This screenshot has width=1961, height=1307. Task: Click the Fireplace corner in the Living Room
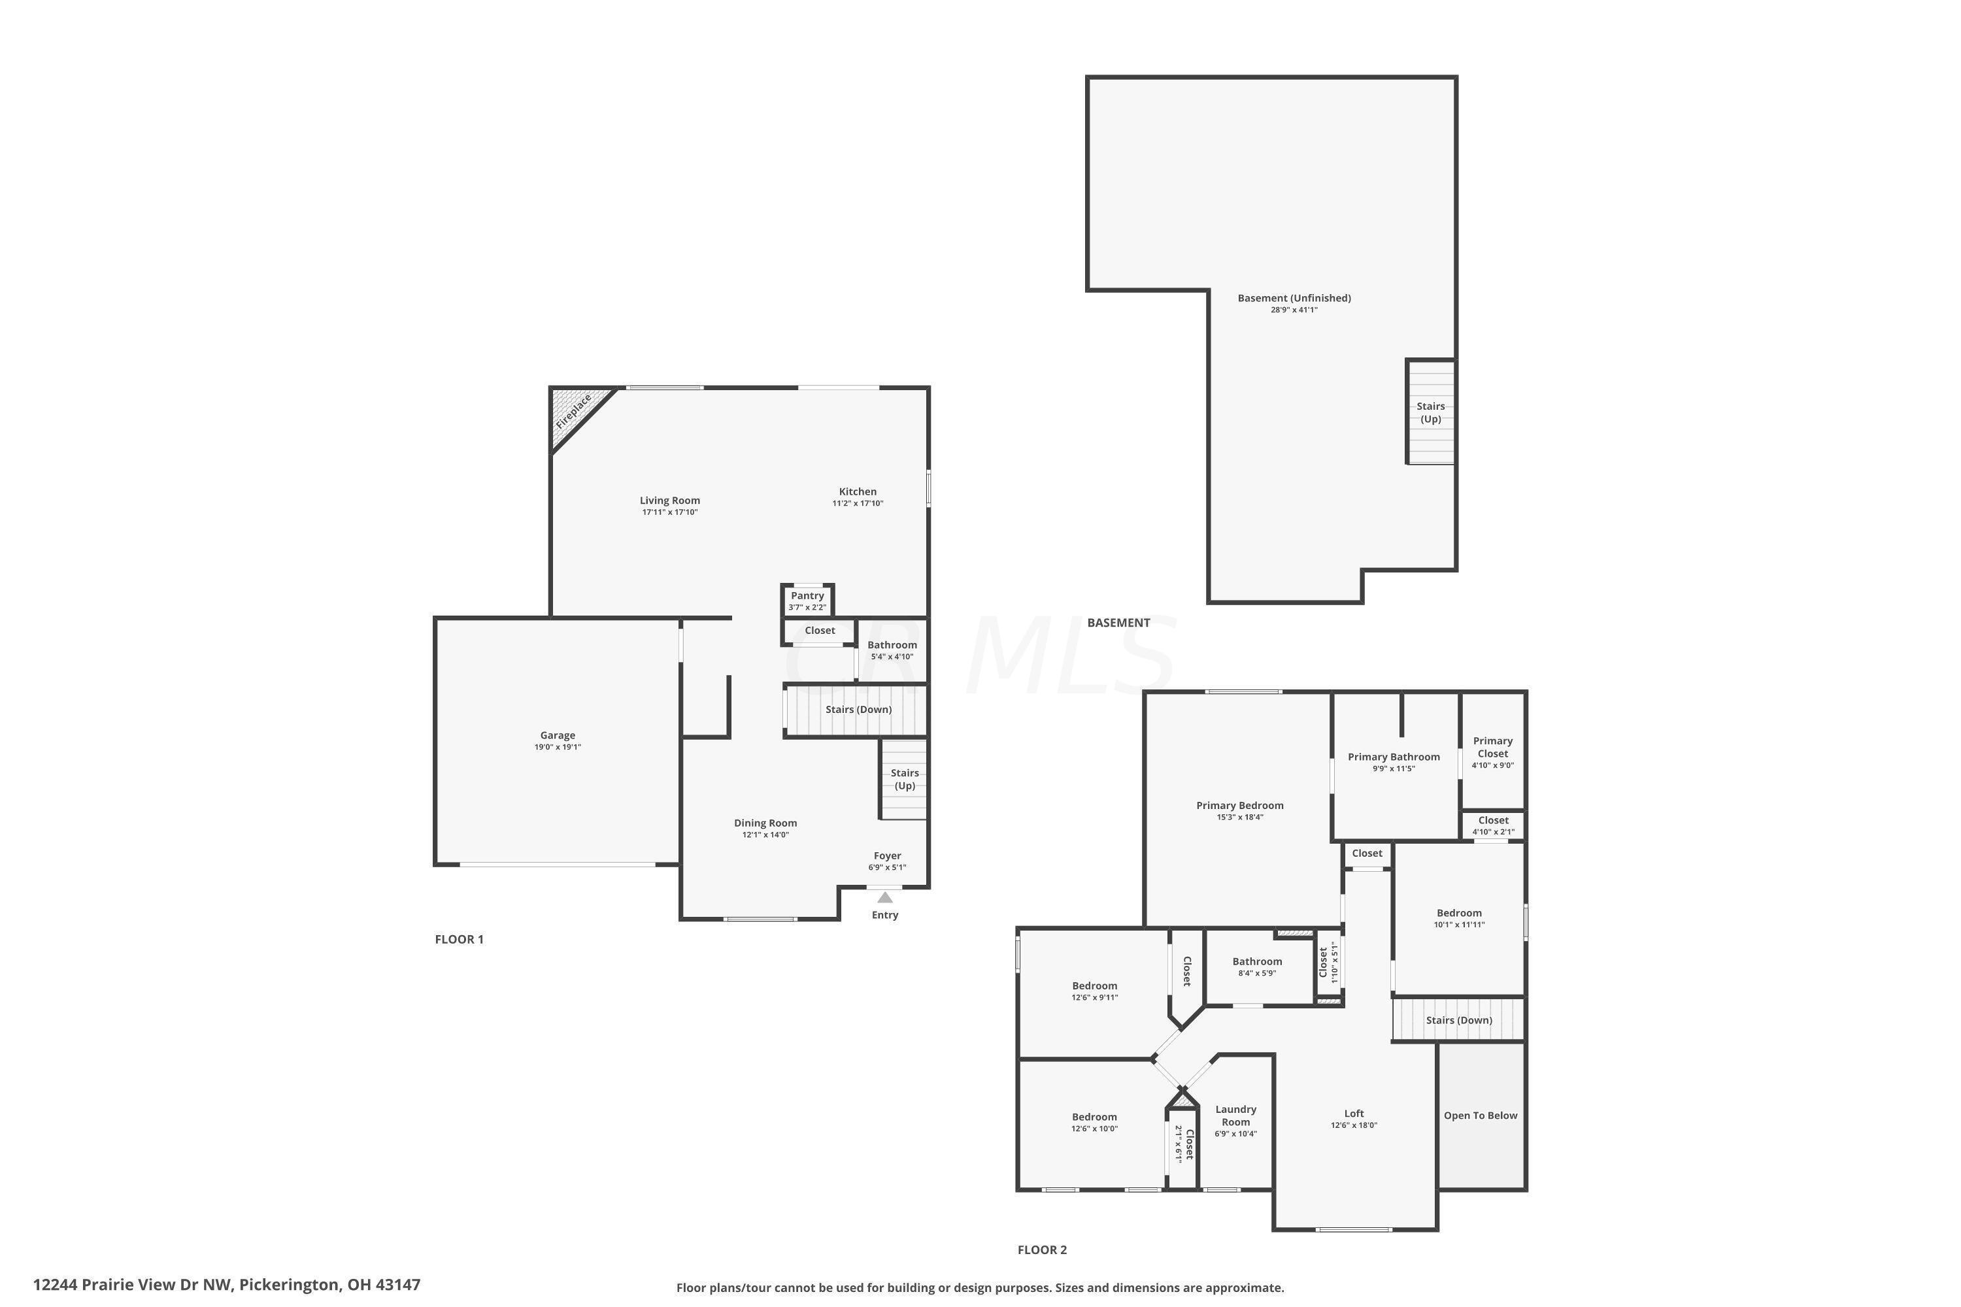[x=574, y=411]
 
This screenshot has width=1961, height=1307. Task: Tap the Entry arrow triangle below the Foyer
[x=884, y=898]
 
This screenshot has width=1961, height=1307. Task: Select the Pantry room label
[x=807, y=595]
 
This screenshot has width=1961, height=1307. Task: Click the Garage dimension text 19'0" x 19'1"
[x=557, y=748]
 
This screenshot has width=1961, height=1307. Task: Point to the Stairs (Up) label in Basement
[x=1431, y=412]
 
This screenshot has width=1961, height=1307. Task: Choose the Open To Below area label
[x=1480, y=1116]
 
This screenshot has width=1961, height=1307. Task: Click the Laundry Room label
[x=1235, y=1116]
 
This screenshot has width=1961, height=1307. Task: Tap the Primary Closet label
[x=1492, y=747]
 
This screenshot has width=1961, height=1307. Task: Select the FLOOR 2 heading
[x=1042, y=1249]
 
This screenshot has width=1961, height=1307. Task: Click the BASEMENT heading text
[x=1118, y=623]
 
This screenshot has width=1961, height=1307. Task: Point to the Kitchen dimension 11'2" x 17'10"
[x=857, y=503]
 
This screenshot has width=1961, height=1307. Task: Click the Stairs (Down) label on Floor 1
[x=858, y=709]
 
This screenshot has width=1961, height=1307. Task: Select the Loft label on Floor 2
[x=1354, y=1114]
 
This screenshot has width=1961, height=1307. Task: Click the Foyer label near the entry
[x=887, y=856]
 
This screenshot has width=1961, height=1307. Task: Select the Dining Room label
[x=765, y=823]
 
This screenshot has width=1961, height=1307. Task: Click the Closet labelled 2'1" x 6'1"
[x=1184, y=1144]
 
